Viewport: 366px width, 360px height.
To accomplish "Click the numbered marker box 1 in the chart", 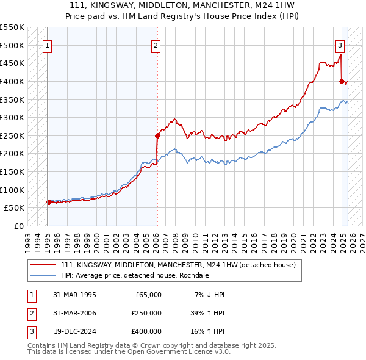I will pos(47,45).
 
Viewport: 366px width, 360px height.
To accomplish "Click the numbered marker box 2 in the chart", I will pos(156,45).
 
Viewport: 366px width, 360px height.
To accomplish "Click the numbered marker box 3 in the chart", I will pos(340,45).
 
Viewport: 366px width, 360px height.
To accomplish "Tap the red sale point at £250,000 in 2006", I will pos(157,135).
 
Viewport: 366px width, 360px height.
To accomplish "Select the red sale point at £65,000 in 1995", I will pos(48,202).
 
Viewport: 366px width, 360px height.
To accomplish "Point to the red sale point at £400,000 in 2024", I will pos(342,81).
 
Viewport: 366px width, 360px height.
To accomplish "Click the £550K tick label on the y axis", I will pos(12,27).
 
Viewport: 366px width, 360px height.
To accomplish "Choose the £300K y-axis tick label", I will pos(12,117).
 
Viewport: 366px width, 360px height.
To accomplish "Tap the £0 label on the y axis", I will pos(18,226).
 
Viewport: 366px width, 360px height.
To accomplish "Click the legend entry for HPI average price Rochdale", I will pos(135,275).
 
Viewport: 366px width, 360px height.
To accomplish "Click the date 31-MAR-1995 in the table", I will pos(75,295).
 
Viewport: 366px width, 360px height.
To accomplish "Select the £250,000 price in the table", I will pos(146,313).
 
